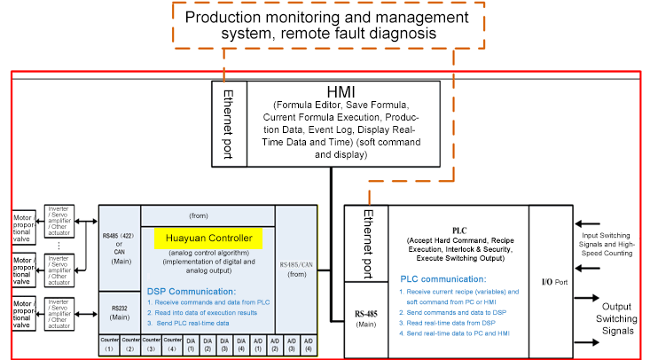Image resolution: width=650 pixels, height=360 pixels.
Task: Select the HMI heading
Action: (342, 91)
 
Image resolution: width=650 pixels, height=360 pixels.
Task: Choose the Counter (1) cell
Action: (108, 344)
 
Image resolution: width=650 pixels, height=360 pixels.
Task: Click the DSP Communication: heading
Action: (192, 291)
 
